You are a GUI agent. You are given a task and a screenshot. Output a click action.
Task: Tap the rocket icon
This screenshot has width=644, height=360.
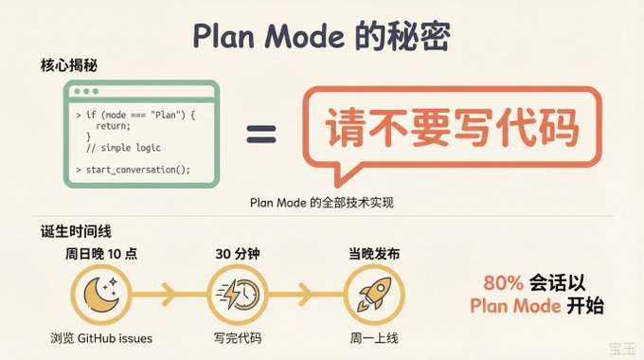point(374,295)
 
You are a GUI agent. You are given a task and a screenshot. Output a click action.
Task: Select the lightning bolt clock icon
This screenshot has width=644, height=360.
point(238,295)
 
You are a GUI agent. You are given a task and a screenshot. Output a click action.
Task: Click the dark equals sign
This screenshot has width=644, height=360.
point(261,134)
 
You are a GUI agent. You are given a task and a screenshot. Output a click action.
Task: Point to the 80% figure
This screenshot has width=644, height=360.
point(503,282)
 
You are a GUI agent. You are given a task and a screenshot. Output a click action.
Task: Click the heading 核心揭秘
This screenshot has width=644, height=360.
point(68,65)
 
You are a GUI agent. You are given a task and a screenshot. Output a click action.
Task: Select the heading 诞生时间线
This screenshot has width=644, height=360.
point(76,231)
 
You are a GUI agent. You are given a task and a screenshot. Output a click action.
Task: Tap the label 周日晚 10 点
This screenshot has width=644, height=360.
point(101,254)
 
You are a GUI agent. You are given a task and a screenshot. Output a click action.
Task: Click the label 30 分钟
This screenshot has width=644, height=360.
point(238,254)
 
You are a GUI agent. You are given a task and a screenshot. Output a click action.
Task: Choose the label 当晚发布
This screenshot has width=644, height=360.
point(374,254)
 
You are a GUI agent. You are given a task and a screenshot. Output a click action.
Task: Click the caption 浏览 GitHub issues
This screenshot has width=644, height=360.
point(101,338)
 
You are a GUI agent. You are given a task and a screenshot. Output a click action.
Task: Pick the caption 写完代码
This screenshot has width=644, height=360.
point(238,338)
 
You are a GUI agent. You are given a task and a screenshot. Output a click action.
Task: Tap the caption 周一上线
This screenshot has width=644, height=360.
point(374,338)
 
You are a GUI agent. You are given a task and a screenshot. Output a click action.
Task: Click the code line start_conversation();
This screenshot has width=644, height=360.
point(138,170)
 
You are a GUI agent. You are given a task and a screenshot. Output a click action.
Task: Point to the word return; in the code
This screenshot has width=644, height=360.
point(113,126)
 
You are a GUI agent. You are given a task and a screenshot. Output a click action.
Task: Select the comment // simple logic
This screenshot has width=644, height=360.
point(123,148)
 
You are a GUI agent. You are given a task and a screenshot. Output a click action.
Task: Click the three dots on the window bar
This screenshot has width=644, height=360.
point(86,91)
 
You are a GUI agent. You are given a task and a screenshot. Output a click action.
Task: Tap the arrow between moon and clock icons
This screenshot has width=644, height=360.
point(170,295)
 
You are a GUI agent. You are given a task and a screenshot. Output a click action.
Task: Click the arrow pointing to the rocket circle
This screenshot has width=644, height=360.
point(306,295)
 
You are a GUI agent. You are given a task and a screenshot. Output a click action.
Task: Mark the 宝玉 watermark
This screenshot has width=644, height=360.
point(622,349)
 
